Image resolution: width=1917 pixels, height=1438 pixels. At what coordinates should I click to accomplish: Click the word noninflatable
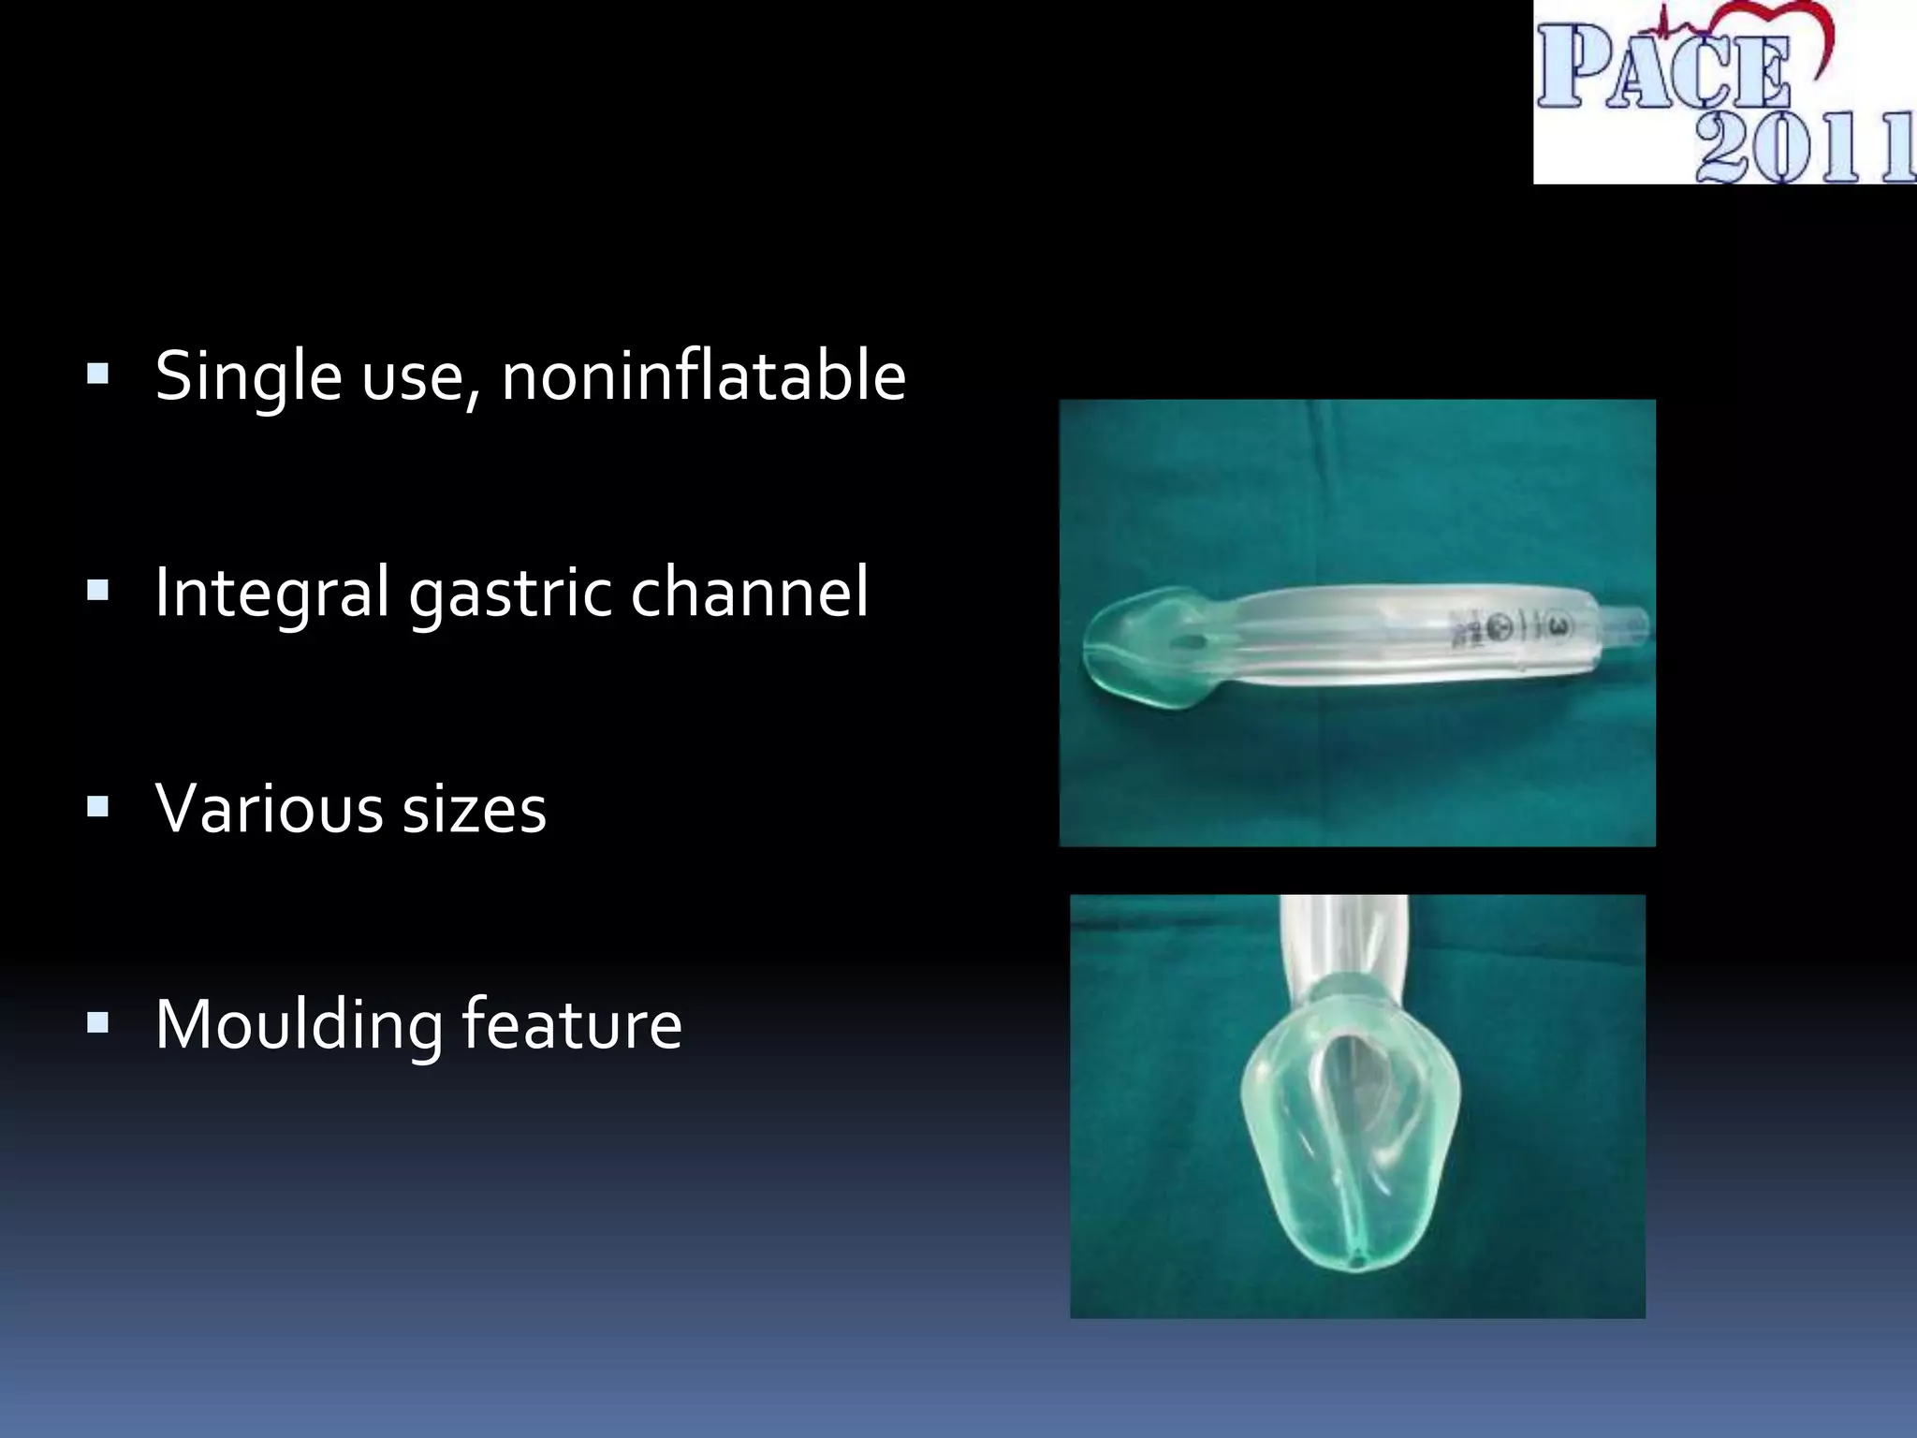704,376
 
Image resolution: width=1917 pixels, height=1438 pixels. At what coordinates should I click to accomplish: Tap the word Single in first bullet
248,376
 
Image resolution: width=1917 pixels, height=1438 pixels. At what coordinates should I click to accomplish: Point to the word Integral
271,593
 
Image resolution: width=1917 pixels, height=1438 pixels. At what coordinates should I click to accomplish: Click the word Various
269,808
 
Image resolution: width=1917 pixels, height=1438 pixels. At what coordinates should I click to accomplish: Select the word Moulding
299,1025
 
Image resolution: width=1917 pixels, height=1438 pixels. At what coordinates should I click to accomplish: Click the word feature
571,1025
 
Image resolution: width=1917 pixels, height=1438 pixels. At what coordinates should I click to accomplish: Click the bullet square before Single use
97,375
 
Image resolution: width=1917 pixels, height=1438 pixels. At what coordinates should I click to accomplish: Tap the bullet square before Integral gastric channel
97,592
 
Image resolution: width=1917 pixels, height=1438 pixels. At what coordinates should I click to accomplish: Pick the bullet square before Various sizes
97,807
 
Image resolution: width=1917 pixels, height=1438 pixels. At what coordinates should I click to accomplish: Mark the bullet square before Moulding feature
97,1022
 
